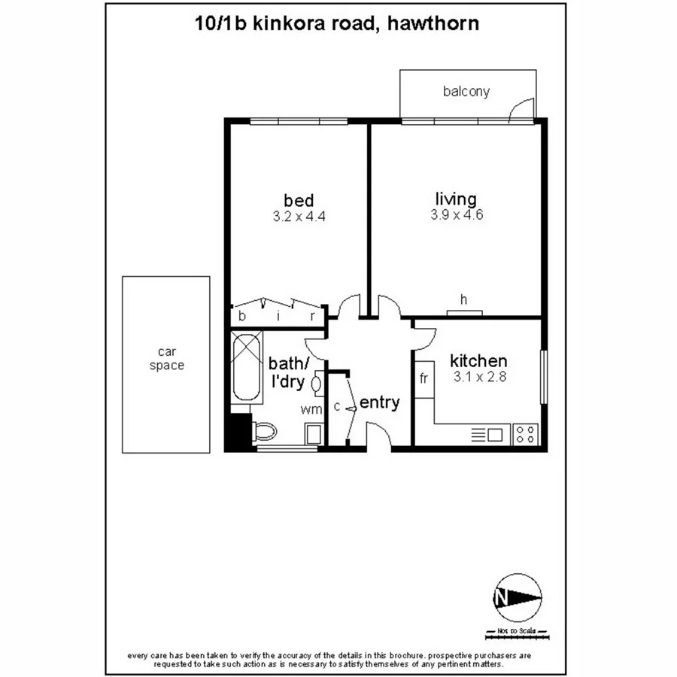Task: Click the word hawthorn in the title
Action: (x=432, y=23)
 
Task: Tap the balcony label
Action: (x=466, y=92)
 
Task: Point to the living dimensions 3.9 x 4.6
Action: (x=456, y=214)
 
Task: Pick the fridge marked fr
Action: (x=424, y=378)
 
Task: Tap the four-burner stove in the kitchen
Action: (x=525, y=434)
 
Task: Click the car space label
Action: (x=166, y=359)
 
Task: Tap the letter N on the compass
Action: (x=500, y=599)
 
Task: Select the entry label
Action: (x=379, y=402)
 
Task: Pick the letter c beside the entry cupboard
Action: (x=337, y=407)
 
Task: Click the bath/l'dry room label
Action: (x=288, y=372)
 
